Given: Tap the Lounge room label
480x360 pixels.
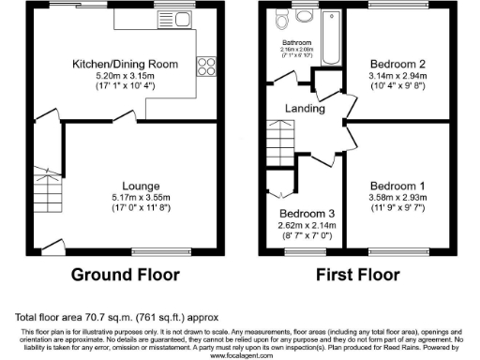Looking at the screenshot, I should click(125, 186).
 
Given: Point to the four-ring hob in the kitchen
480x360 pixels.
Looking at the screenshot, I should click(203, 66).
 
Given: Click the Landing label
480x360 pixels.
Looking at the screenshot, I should click(306, 109).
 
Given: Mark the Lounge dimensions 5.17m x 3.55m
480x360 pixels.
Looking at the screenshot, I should click(125, 199).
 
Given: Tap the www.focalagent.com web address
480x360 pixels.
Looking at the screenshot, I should click(240, 355).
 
